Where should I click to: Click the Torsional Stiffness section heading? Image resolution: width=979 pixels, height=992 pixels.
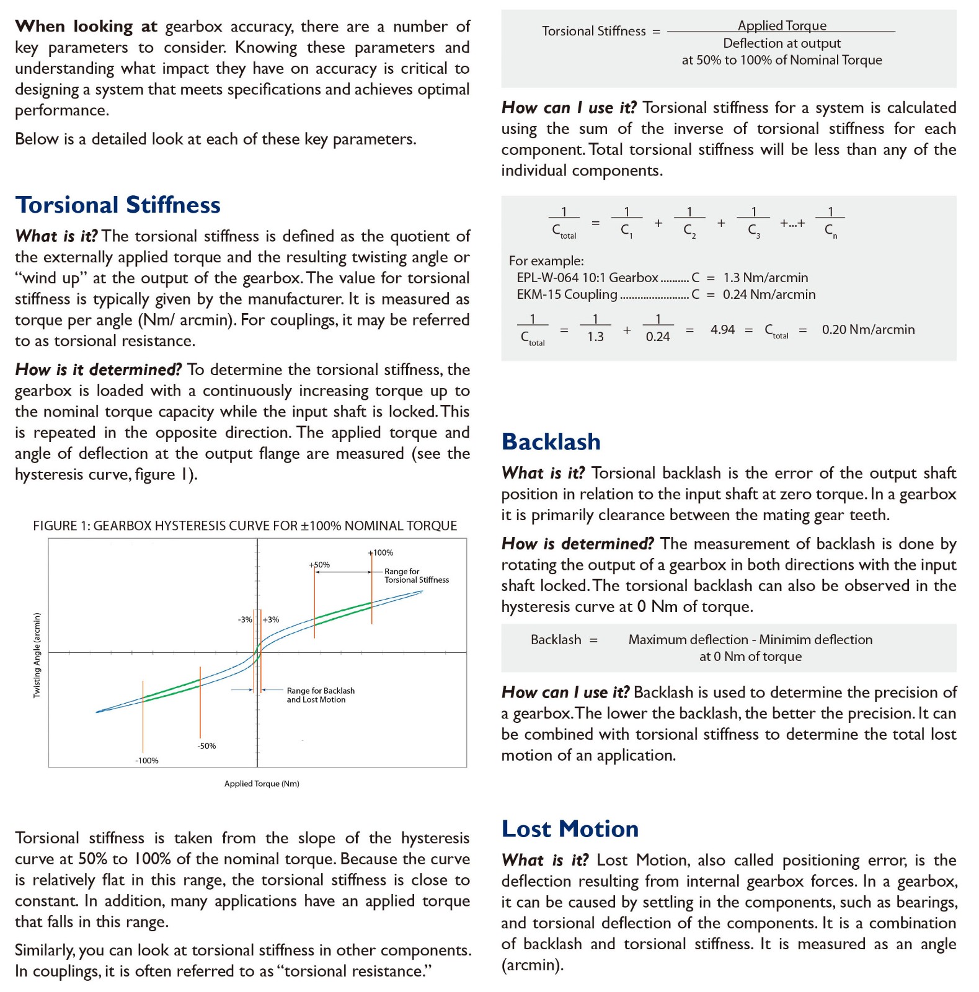tap(118, 205)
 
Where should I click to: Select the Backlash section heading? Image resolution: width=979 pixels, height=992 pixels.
tap(551, 442)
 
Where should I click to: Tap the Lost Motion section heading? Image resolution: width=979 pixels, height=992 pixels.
tap(570, 829)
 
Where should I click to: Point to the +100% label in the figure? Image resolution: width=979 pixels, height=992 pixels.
tap(381, 552)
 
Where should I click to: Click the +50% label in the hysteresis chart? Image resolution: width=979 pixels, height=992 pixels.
tap(319, 565)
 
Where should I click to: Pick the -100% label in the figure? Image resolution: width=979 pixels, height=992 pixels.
tap(147, 761)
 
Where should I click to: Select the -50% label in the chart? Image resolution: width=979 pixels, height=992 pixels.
tap(206, 746)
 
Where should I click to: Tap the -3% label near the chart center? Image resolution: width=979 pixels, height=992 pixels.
tap(245, 619)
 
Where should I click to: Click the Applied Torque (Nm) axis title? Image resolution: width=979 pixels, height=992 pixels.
tap(262, 784)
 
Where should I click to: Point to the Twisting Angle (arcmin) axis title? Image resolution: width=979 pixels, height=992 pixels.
tap(37, 655)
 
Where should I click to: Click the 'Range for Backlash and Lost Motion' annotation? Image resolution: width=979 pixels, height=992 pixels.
tap(320, 695)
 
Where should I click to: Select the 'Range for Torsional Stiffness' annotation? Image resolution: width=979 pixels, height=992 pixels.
tap(416, 575)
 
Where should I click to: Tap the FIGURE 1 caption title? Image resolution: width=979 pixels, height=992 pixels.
tap(245, 526)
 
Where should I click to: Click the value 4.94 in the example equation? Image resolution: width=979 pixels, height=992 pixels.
tap(722, 330)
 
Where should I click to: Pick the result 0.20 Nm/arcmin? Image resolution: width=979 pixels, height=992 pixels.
tap(868, 330)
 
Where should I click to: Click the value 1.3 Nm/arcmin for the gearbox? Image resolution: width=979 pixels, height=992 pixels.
tap(765, 278)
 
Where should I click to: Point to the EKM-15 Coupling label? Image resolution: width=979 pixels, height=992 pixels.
tap(567, 294)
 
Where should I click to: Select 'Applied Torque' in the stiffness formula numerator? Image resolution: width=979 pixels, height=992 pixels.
tap(782, 25)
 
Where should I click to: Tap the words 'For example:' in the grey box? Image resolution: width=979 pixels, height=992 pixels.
tap(546, 261)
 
